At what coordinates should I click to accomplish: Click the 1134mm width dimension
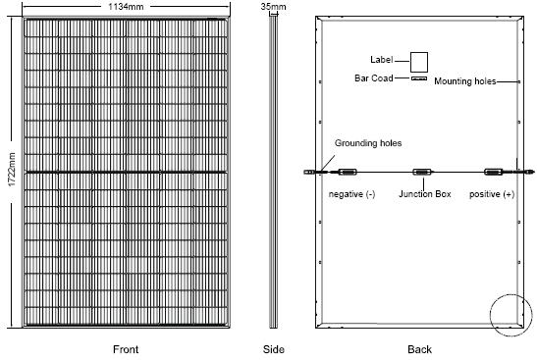pos(126,7)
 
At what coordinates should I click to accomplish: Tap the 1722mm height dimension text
pos(12,170)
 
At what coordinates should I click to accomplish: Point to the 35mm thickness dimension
pos(273,6)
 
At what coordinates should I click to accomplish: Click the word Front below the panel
pos(126,349)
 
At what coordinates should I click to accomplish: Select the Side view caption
pos(273,349)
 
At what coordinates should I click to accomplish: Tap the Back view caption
pos(419,349)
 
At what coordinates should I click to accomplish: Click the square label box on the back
pos(419,62)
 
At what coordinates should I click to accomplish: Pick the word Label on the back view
pos(381,60)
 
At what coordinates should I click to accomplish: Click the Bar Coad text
pos(374,78)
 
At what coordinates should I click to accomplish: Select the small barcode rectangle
pos(419,78)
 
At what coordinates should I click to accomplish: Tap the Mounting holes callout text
pos(465,81)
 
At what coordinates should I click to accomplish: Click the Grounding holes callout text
pos(368,143)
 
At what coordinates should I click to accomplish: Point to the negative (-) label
pos(351,194)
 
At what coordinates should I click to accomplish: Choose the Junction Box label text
pos(425,194)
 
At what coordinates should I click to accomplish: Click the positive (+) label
pos(492,194)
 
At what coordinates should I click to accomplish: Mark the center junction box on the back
pos(422,172)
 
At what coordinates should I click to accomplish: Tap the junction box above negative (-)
pos(348,172)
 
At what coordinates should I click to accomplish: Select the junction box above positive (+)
pos(494,172)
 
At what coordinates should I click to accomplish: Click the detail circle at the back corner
pos(490,315)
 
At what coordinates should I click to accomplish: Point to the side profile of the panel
pos(273,172)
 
